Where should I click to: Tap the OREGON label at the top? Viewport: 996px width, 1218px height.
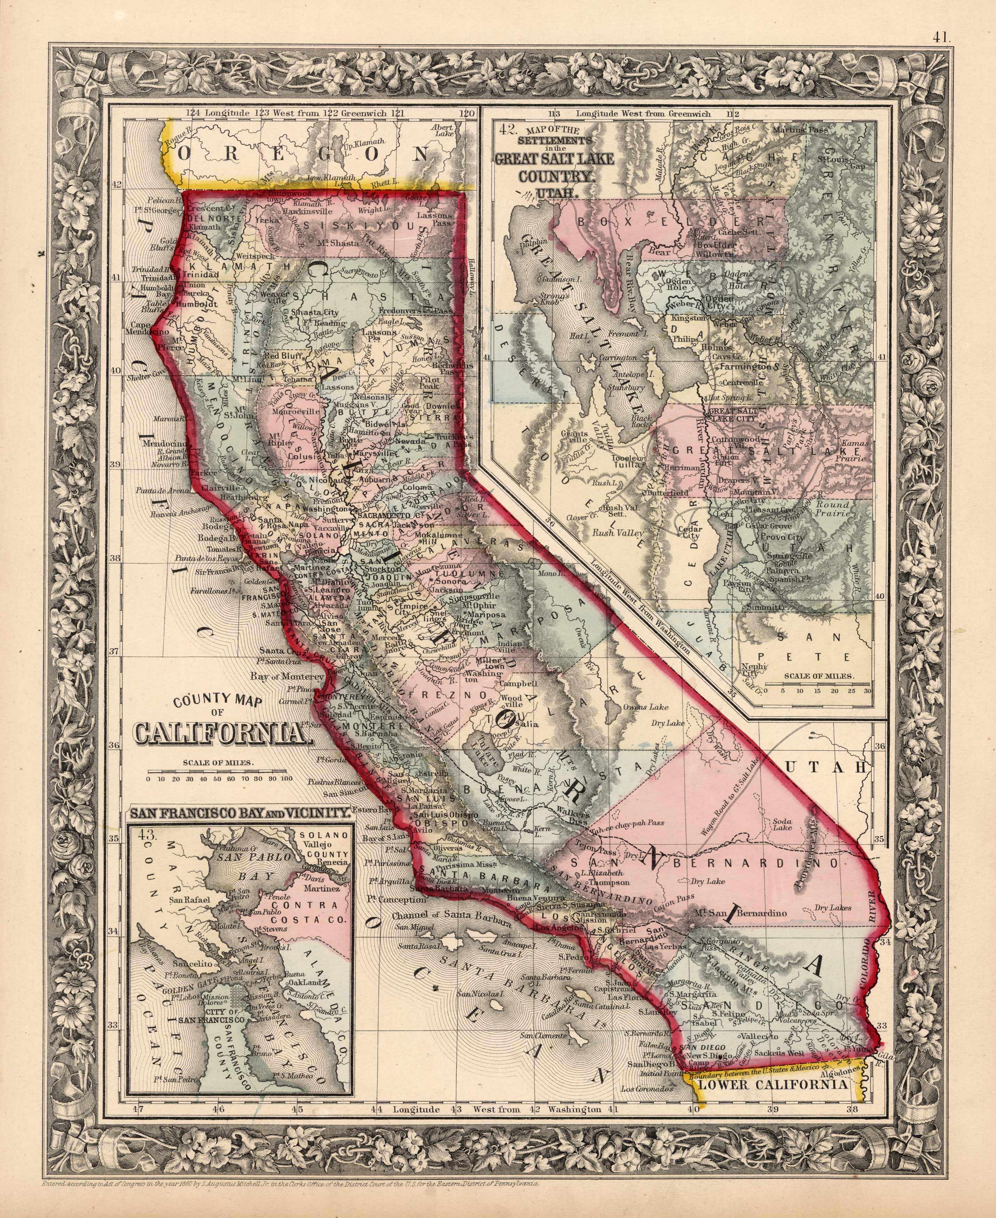(x=304, y=154)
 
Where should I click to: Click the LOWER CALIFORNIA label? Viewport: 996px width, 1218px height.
(x=773, y=1085)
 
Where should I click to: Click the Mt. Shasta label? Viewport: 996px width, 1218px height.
(x=337, y=243)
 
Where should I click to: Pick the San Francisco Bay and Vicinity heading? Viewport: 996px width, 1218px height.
(x=240, y=813)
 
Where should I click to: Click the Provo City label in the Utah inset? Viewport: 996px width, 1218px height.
(x=782, y=537)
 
